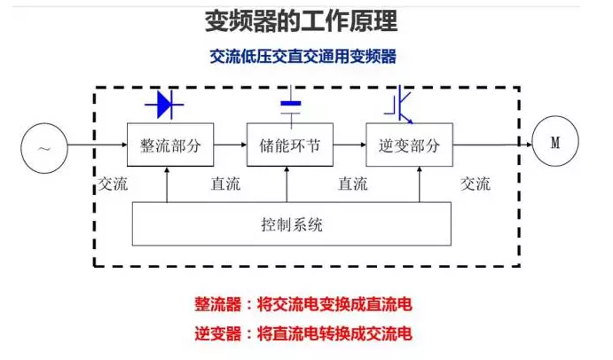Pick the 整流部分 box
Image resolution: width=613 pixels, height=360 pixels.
(x=171, y=145)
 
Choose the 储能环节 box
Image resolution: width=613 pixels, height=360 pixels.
(x=290, y=145)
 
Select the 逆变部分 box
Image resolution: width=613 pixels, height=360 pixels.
(x=409, y=145)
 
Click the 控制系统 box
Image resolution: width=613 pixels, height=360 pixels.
(x=292, y=224)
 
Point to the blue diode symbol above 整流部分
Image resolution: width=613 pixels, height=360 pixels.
(x=168, y=105)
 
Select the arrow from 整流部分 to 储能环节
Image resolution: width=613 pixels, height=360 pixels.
(x=231, y=145)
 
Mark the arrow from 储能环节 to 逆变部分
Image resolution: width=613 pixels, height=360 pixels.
(x=350, y=145)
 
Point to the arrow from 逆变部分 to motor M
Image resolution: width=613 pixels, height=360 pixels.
(x=491, y=145)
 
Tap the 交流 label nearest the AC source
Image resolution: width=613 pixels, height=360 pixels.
(x=113, y=184)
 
